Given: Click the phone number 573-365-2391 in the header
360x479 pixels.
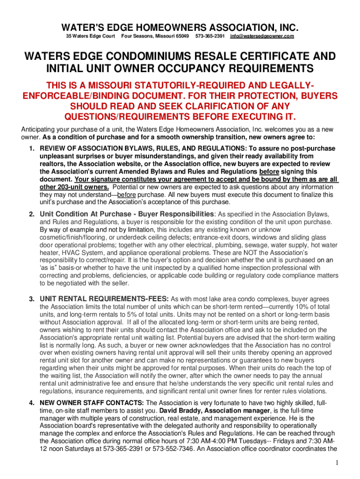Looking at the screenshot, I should pyautogui.click(x=209, y=36).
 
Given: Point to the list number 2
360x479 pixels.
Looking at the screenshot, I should pyautogui.click(x=31, y=214).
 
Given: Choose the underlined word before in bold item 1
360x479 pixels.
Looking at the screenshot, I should pyautogui.click(x=268, y=171).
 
